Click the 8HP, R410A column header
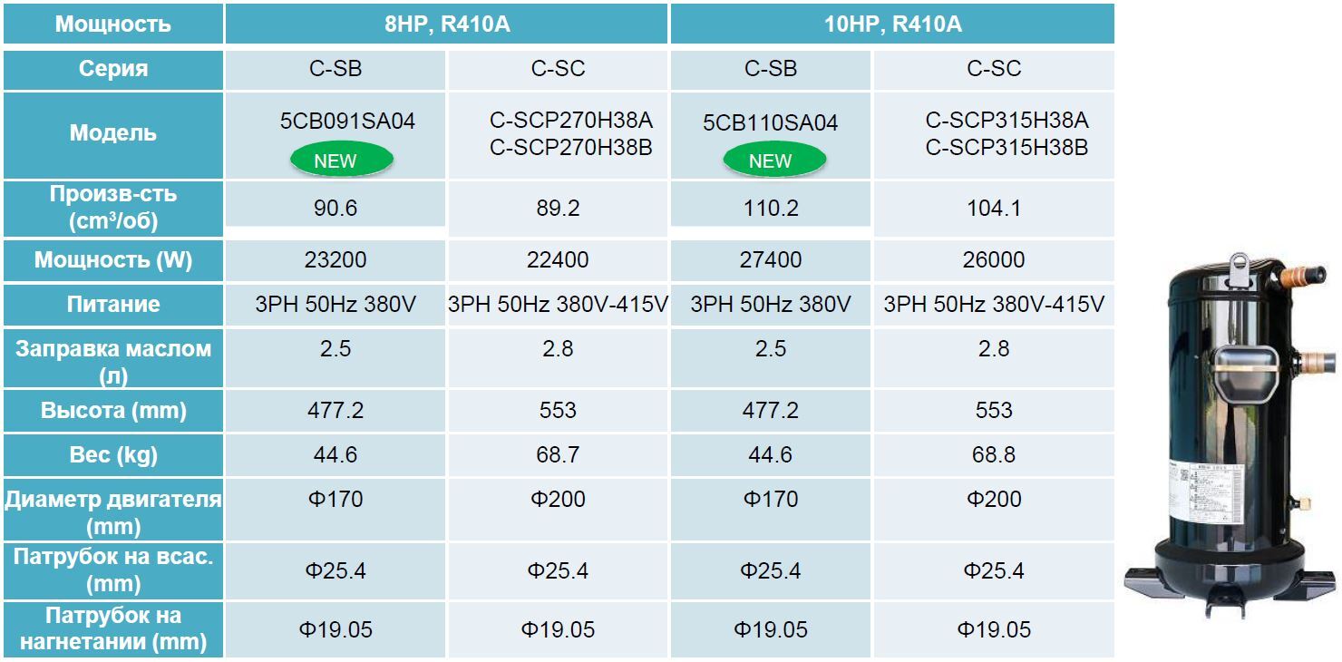447,24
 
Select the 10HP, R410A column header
892,24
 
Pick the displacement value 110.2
770,209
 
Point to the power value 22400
557,260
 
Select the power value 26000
994,260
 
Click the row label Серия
113,69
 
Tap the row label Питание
113,305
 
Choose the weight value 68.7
557,454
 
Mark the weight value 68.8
994,454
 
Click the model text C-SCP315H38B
1006,147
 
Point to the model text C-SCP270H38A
571,121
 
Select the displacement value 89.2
557,209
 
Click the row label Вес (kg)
113,454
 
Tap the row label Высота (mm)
113,410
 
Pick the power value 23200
335,260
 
